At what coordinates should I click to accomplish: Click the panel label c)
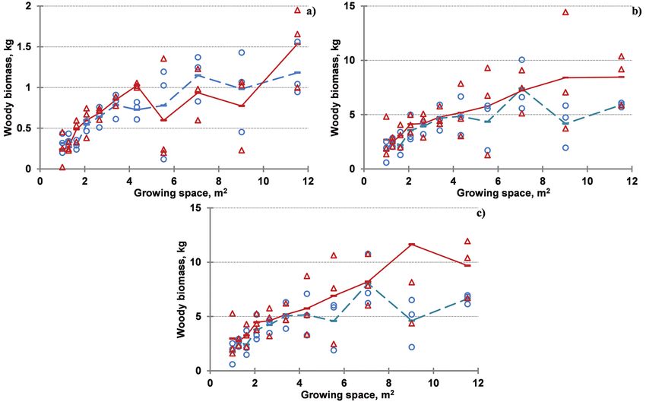pyautogui.click(x=480, y=213)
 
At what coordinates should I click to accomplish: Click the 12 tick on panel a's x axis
pyautogui.click(x=309, y=182)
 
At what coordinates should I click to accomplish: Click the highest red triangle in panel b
pyautogui.click(x=565, y=12)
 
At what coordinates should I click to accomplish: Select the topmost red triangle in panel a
pyautogui.click(x=298, y=10)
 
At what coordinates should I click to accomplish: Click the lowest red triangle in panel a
pyautogui.click(x=62, y=167)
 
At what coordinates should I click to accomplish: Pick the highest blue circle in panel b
pyautogui.click(x=522, y=59)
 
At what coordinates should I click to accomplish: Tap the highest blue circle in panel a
pyautogui.click(x=242, y=52)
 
